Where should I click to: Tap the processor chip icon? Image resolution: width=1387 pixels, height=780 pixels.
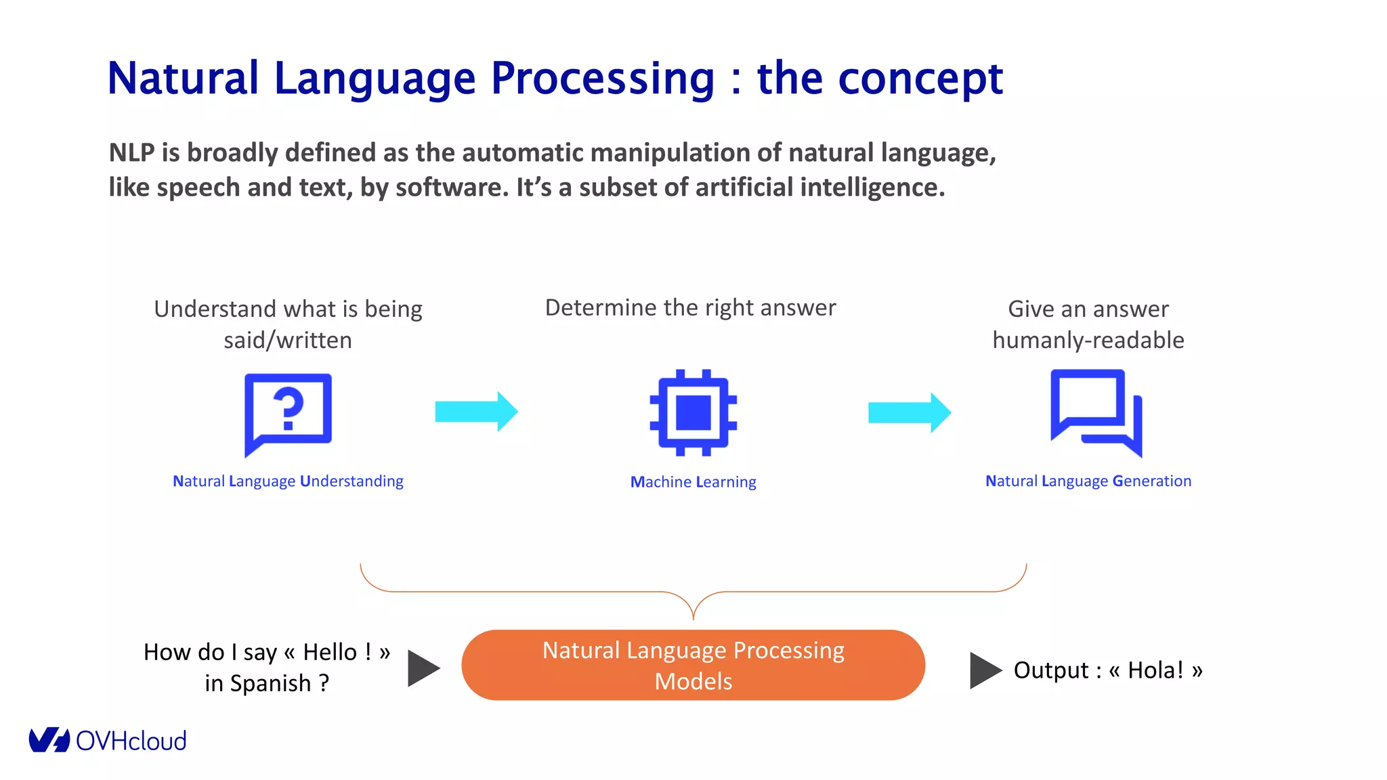pyautogui.click(x=693, y=412)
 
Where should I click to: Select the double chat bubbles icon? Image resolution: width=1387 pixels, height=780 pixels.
pyautogui.click(x=1096, y=413)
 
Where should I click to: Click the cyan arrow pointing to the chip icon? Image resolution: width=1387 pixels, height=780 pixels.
pyautogui.click(x=476, y=411)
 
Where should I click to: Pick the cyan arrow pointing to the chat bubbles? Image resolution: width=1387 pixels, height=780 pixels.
pyautogui.click(x=910, y=412)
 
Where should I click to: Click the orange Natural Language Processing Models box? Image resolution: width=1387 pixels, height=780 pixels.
pyautogui.click(x=693, y=665)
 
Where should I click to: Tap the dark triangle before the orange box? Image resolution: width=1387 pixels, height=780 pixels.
pyautogui.click(x=423, y=669)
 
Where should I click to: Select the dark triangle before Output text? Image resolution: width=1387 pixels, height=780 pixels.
pyautogui.click(x=984, y=670)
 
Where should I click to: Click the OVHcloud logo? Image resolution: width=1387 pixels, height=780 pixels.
pyautogui.click(x=108, y=740)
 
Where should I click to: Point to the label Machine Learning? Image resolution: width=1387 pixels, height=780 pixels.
pyautogui.click(x=693, y=481)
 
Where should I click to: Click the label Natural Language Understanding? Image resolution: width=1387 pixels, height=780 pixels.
pyautogui.click(x=288, y=481)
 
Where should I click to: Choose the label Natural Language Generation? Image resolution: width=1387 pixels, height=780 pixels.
pyautogui.click(x=1088, y=481)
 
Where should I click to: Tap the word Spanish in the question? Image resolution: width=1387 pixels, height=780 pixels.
pyautogui.click(x=270, y=683)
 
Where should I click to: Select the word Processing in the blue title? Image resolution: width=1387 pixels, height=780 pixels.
pyautogui.click(x=602, y=79)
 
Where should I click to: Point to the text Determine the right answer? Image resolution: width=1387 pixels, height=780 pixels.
pyautogui.click(x=690, y=307)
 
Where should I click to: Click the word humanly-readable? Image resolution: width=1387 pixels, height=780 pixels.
pyautogui.click(x=1088, y=340)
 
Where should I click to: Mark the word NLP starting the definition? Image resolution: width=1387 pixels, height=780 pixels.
pyautogui.click(x=131, y=153)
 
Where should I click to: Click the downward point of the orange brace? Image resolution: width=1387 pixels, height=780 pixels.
pyautogui.click(x=693, y=617)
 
